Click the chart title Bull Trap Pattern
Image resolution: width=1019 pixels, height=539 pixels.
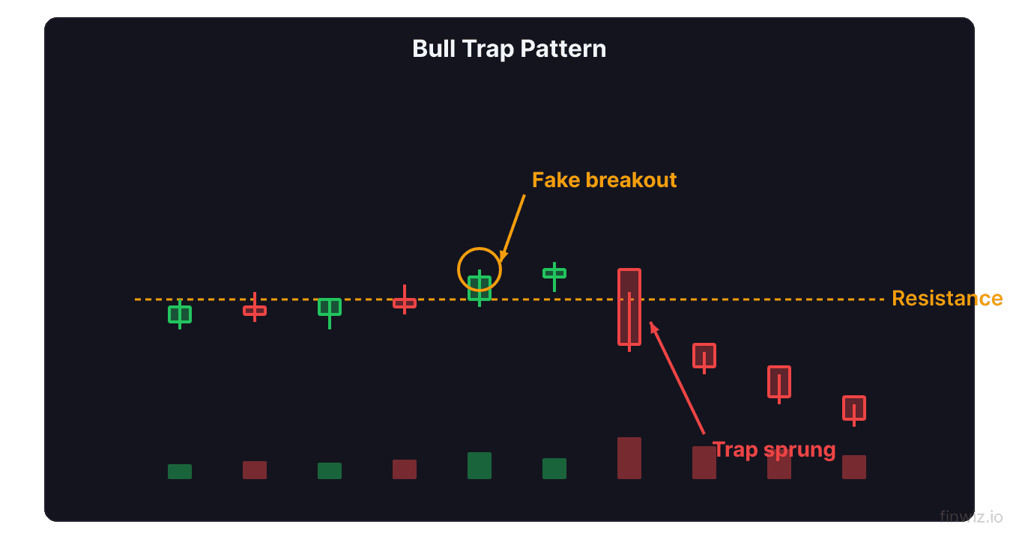coord(509,49)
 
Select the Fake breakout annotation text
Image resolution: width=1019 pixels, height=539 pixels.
coord(604,180)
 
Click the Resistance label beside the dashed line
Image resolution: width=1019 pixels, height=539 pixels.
coord(946,299)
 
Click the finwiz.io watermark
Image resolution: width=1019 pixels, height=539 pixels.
coord(971,516)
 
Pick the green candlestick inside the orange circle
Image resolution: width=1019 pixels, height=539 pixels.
coord(480,288)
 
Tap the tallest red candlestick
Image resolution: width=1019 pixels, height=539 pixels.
coord(629,307)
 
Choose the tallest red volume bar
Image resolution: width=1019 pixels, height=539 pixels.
coord(629,458)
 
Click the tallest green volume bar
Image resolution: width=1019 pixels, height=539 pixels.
coord(480,466)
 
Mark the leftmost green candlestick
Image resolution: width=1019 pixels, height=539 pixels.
coord(180,314)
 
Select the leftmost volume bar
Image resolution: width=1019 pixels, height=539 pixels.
coord(180,472)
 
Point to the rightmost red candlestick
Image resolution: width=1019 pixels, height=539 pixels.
coord(854,408)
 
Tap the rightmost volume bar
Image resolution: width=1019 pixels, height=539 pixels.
coord(854,467)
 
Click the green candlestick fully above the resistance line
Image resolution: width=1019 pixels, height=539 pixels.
coord(554,273)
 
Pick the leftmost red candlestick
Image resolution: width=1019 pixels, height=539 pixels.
coord(255,310)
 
